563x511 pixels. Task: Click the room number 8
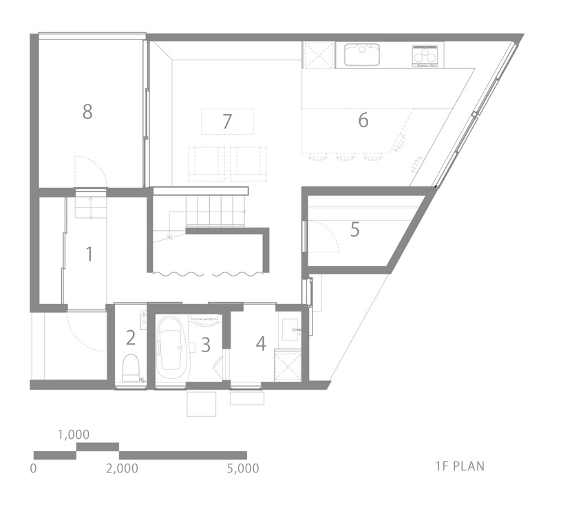coord(87,111)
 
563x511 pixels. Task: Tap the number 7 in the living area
coord(227,122)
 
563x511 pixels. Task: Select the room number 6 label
coord(363,120)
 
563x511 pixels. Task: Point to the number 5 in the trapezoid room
coord(354,229)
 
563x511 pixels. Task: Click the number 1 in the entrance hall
coord(89,254)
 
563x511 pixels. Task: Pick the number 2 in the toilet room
coord(131,338)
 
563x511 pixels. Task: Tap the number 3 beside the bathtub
coord(205,345)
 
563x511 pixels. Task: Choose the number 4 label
coord(261,343)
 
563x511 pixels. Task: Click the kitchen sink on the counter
coord(362,54)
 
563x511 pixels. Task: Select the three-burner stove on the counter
coord(425,56)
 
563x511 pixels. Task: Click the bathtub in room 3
coord(171,347)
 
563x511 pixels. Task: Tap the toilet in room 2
coord(130,369)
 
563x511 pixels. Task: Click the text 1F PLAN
coord(460,466)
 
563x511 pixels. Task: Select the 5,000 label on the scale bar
coord(243,468)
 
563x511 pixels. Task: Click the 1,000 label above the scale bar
coord(74,435)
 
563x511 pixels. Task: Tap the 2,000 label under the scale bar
coord(122,468)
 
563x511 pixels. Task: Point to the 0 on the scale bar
coord(33,468)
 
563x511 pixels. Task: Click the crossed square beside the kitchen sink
coord(319,55)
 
